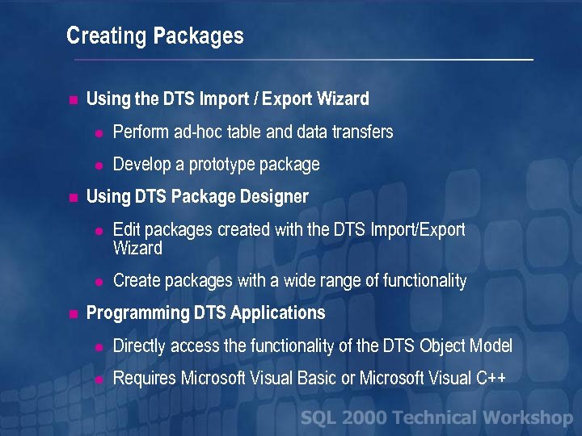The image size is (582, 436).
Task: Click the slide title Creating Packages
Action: coord(154,36)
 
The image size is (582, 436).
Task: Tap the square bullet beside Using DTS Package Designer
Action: coord(73,197)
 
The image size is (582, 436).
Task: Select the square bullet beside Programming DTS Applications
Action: coord(73,313)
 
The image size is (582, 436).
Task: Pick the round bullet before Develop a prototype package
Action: coord(98,166)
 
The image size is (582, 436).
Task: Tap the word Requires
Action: coord(145,378)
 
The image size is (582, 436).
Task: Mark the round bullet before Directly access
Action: coord(98,348)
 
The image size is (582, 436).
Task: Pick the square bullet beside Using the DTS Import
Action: coord(73,101)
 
